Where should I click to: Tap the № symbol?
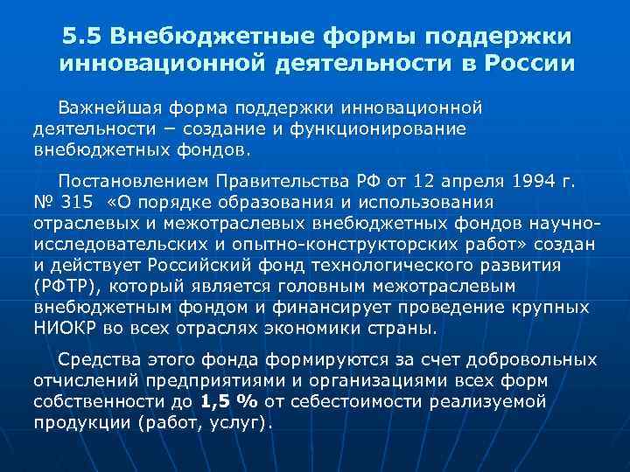pos(43,203)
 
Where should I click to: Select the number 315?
pos(77,203)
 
